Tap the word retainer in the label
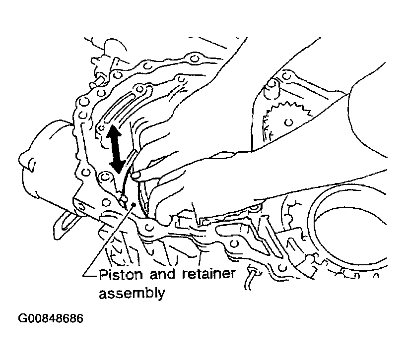coord(209,274)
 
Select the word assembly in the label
coord(132,294)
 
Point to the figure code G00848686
coord(51,318)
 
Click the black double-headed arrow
coord(116,149)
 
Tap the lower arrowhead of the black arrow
coord(118,166)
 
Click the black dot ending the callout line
coord(134,205)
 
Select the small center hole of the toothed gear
coord(289,122)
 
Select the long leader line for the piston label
coord(108,240)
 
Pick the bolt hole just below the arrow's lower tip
coord(105,177)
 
